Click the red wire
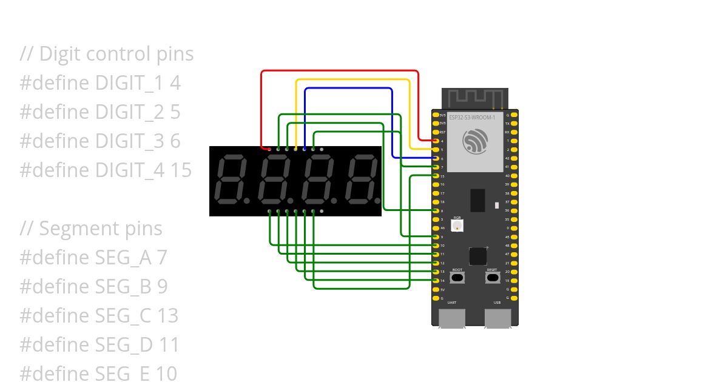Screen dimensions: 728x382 pos(340,71)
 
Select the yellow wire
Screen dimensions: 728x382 pos(352,79)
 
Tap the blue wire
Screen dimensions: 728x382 pos(349,89)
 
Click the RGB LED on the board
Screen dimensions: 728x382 pos(457,226)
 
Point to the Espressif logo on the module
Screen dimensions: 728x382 pos(474,141)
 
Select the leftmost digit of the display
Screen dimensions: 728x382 pos(231,180)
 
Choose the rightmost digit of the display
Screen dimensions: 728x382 pos(361,180)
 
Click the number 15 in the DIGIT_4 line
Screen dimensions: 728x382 pos(180,170)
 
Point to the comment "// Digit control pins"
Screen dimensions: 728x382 pos(107,54)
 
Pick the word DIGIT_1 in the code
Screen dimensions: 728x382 pos(130,83)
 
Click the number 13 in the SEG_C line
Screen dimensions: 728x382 pos(167,316)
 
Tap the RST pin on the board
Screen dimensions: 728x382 pos(436,132)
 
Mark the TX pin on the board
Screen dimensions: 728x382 pos(514,123)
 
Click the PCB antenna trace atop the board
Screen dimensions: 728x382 pos(475,98)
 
